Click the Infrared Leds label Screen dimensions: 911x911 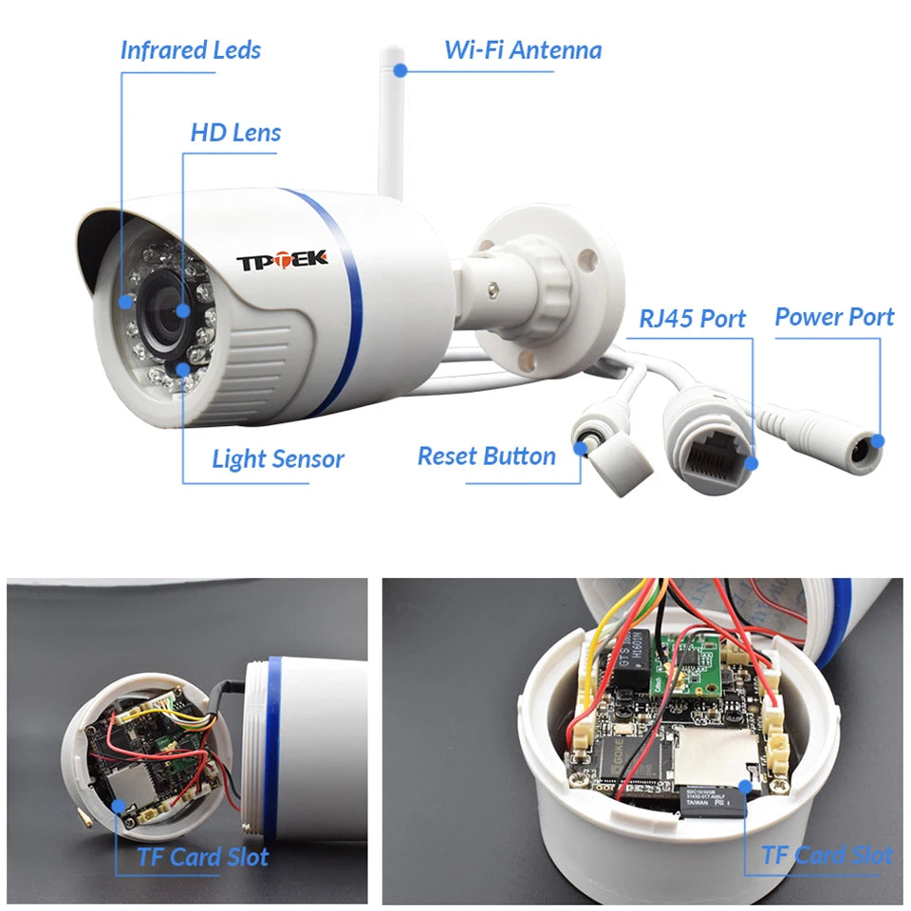[x=190, y=50]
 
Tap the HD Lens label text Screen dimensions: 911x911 [x=235, y=132]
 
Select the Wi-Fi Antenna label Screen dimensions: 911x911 [x=523, y=49]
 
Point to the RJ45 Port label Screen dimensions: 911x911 [x=692, y=318]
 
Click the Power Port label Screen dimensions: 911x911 [x=834, y=317]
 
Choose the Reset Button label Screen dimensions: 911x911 [x=486, y=456]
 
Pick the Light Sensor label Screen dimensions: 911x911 [x=277, y=460]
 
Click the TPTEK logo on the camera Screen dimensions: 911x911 [x=282, y=258]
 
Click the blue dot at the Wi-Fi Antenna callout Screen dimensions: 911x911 [x=400, y=69]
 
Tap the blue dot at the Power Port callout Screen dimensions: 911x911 [x=879, y=440]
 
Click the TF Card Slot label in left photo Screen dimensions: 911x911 [x=202, y=858]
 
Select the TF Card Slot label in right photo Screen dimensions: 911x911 [x=827, y=856]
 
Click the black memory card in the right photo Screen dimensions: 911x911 [x=712, y=799]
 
